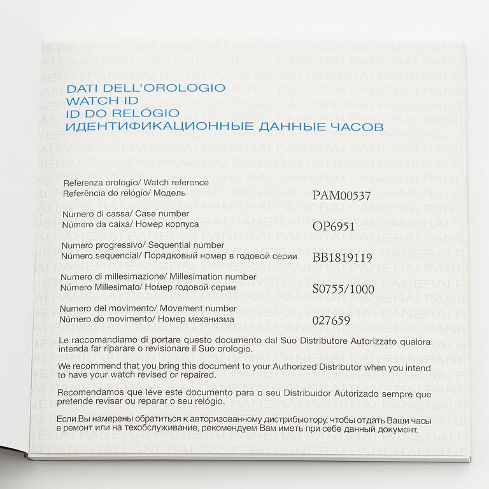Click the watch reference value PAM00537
click(x=341, y=195)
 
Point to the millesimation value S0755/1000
click(x=343, y=288)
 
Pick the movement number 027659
click(x=331, y=320)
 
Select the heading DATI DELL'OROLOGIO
click(x=146, y=87)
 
